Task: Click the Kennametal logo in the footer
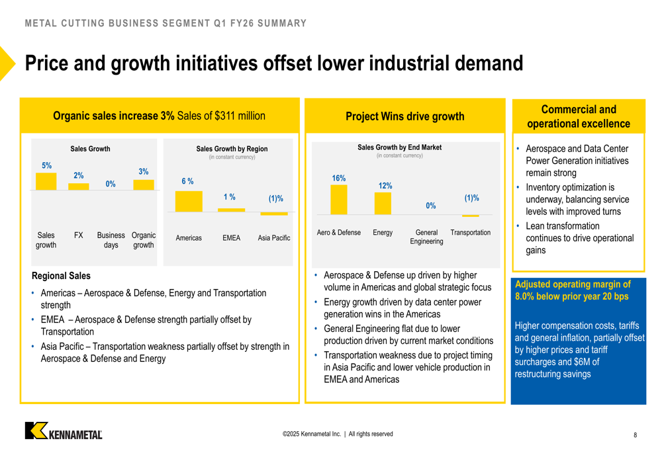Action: coord(64,431)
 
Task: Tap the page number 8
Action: coord(636,435)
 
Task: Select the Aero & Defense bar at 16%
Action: coord(338,200)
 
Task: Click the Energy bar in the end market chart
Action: coord(383,204)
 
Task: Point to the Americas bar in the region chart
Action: coord(189,202)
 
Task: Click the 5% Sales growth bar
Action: coord(46,182)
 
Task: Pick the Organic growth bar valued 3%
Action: coord(144,185)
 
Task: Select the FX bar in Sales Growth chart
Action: coord(78,187)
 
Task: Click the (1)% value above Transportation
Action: coord(471,198)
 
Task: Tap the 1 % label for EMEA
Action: coord(230,197)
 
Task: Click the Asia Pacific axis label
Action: coord(274,238)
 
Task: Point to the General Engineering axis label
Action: coord(426,237)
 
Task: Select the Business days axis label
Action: coord(111,240)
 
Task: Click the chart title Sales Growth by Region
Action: coord(232,149)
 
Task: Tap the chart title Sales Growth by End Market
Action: coord(399,147)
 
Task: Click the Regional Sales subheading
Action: coord(61,276)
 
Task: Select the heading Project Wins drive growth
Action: coord(404,117)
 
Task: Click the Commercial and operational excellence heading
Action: coord(579,117)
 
